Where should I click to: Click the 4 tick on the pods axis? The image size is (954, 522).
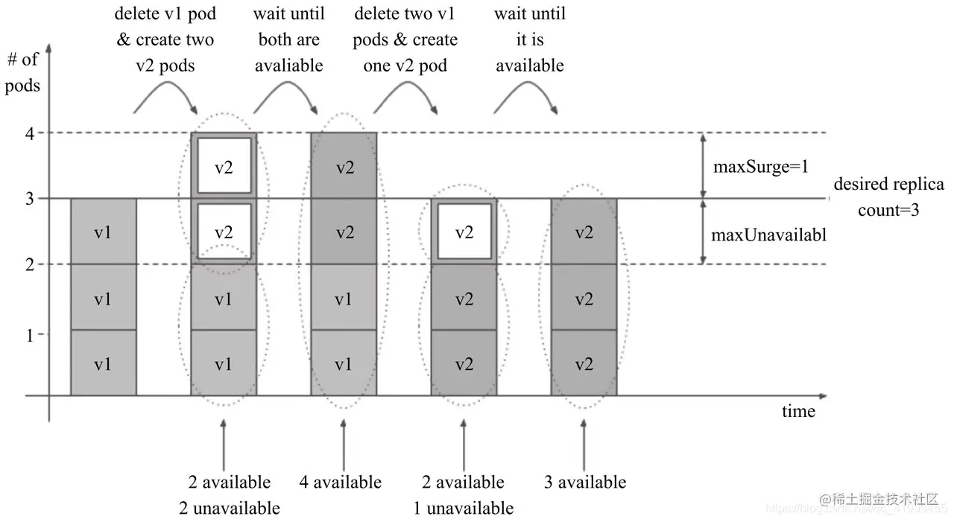(30, 133)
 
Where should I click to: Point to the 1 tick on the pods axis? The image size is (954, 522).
(30, 335)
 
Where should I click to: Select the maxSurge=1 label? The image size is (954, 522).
(761, 167)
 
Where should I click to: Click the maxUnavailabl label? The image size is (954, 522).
(768, 235)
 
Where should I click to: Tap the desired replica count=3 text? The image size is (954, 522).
(888, 197)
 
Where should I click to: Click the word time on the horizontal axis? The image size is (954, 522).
(798, 412)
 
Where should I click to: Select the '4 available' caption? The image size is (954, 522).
(341, 483)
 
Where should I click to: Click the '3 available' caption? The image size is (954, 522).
(585, 483)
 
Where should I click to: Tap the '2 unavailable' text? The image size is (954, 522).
(230, 509)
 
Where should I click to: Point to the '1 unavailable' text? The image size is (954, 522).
(464, 509)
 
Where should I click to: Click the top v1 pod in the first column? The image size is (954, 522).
(104, 232)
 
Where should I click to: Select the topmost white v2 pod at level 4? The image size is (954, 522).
(224, 167)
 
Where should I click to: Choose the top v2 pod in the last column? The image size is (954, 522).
(584, 232)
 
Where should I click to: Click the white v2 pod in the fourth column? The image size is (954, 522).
(464, 232)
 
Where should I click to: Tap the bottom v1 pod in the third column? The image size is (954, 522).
(344, 365)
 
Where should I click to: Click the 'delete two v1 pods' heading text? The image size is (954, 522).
(405, 39)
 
